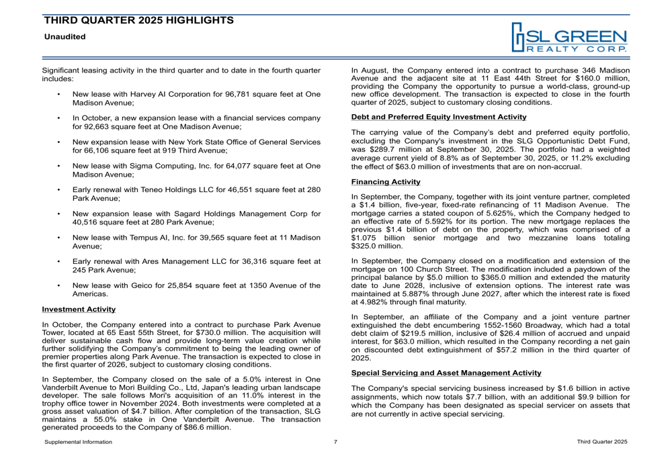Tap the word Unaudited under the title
(x=65, y=36)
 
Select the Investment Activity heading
(x=79, y=310)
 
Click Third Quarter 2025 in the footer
(x=602, y=441)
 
